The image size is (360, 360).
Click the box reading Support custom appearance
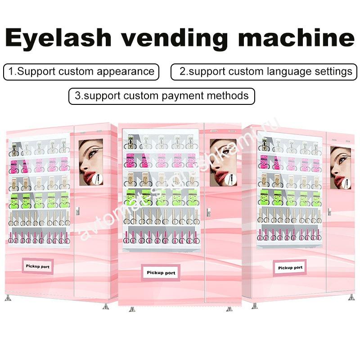tap(81, 72)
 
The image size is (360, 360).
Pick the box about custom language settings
tap(265, 72)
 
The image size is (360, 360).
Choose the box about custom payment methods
tap(162, 96)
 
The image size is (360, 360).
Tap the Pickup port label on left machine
tap(38, 266)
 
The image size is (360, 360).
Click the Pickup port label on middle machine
tap(161, 273)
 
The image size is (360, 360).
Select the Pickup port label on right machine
tap(290, 268)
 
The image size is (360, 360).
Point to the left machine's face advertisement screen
tap(90, 162)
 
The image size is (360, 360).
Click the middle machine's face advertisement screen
tap(223, 162)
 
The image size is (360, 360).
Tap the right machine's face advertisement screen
tap(340, 167)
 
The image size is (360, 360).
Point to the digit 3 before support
tap(78, 96)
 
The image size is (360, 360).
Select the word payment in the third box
tap(189, 96)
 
